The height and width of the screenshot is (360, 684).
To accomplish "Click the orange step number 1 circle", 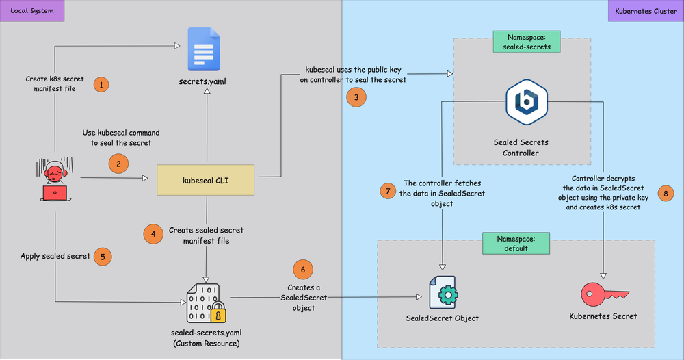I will coord(101,85).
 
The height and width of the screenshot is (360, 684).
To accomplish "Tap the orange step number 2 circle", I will coord(118,163).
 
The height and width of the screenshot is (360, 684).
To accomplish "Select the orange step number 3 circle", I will coord(356,98).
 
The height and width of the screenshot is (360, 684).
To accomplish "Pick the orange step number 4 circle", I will coord(153,234).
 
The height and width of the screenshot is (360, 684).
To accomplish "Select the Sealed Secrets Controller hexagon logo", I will coord(525,103).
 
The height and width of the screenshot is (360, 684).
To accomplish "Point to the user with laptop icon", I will coord(55,181).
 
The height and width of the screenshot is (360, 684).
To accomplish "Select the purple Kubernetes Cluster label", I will coord(646,11).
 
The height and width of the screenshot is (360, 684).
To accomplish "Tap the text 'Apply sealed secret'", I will coord(55,256).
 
